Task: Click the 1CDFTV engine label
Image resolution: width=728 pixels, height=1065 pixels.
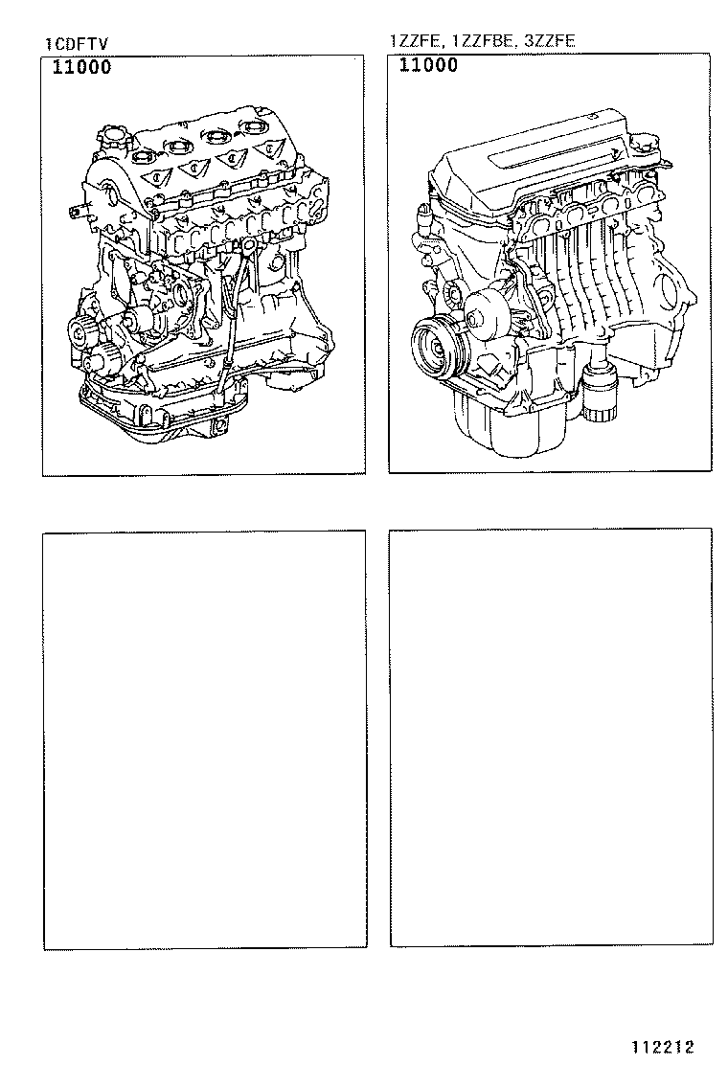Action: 74,44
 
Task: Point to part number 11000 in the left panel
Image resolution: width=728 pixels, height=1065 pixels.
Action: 80,67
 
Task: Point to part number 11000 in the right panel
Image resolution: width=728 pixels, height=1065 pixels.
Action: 428,65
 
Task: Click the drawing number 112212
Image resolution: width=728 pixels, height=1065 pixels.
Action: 661,1047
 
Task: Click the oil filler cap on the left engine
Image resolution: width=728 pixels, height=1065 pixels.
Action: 115,134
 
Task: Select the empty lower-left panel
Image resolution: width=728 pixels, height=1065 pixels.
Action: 204,738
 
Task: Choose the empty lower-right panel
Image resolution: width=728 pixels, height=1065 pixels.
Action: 551,736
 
